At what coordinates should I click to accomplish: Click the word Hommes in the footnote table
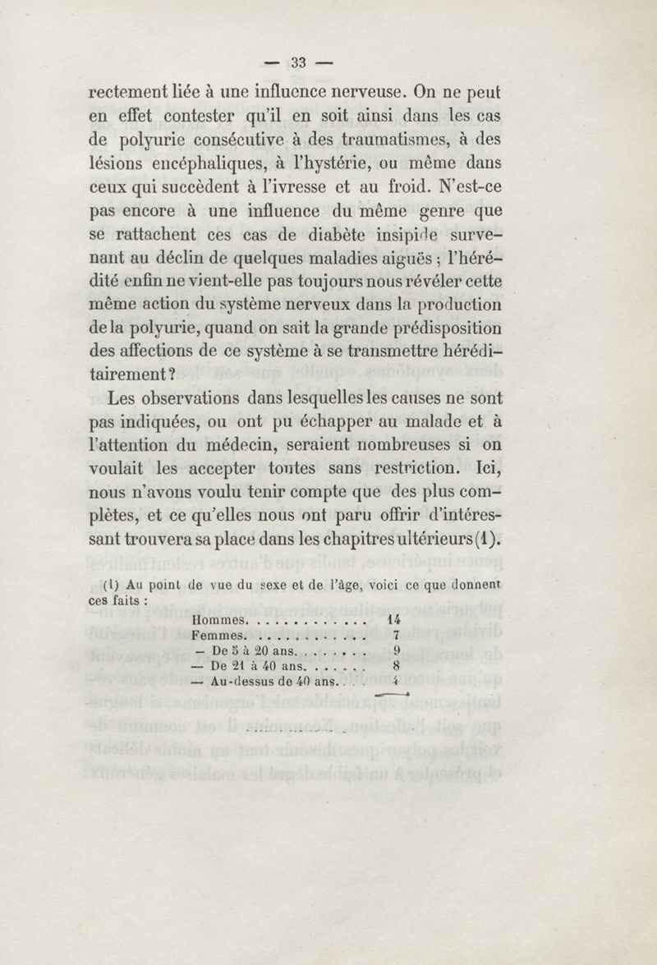pos(218,620)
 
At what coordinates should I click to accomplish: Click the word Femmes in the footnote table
pos(218,635)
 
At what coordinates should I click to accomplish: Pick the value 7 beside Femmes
pos(396,635)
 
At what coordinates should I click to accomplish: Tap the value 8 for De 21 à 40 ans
pos(396,666)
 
